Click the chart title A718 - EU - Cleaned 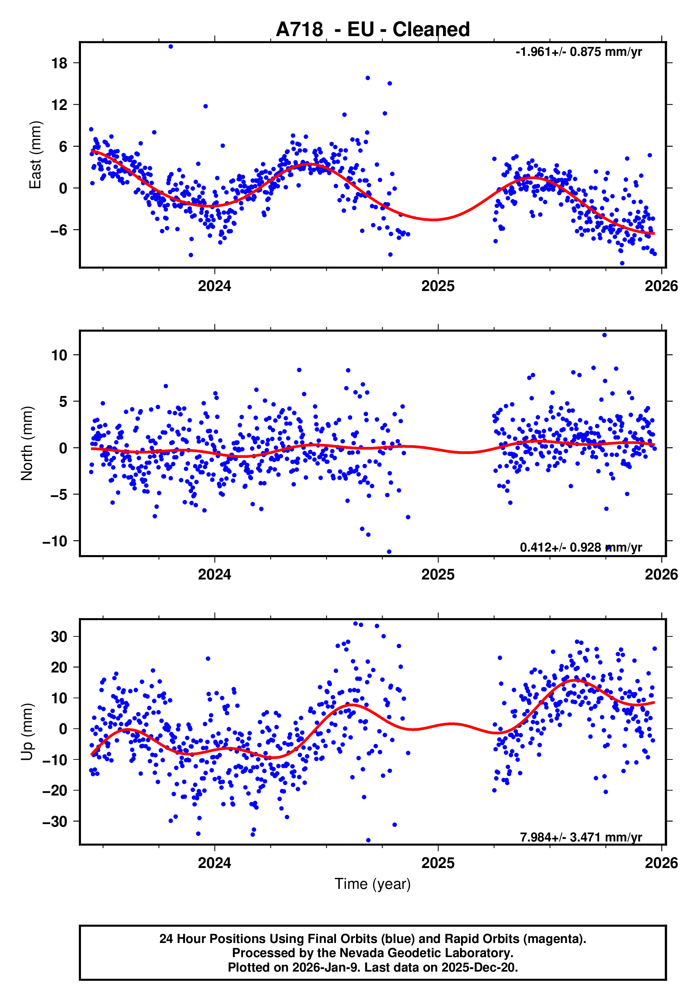coord(373,30)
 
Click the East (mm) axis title coord(35,155)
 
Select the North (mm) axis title coord(27,443)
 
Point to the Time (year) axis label coord(373,884)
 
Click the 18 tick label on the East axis coord(59,63)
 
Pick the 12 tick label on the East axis coord(59,105)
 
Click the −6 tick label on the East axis coord(58,230)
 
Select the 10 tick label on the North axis coord(59,355)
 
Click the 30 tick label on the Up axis coord(59,637)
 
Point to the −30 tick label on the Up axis coord(55,822)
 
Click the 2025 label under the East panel coord(438,286)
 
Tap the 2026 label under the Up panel coord(661,863)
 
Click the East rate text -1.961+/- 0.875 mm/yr coord(578,52)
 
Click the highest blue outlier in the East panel coord(171,47)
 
